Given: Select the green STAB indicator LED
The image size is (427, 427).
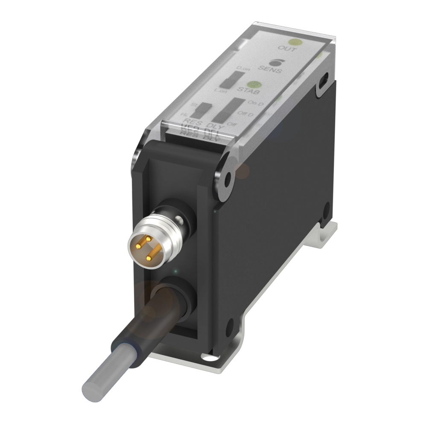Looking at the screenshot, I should (x=255, y=85).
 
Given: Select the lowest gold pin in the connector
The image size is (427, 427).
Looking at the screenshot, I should (x=149, y=257).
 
